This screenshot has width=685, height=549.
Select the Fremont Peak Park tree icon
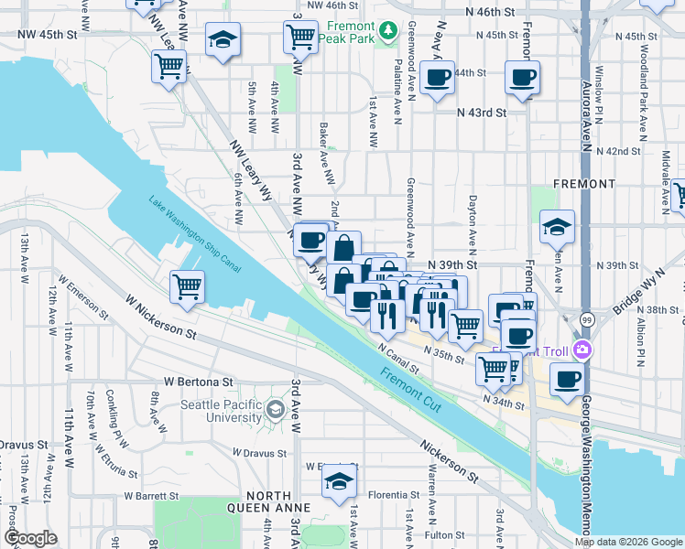click(x=389, y=32)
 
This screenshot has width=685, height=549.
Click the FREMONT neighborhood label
click(x=584, y=184)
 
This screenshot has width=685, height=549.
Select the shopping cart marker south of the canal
click(x=187, y=286)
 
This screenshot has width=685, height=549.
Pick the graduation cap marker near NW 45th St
click(x=222, y=40)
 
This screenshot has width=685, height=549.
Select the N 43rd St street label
click(x=482, y=113)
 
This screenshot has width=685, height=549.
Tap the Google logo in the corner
click(x=30, y=537)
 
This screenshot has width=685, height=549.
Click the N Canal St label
click(x=398, y=356)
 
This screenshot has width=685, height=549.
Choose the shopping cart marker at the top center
click(x=300, y=37)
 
